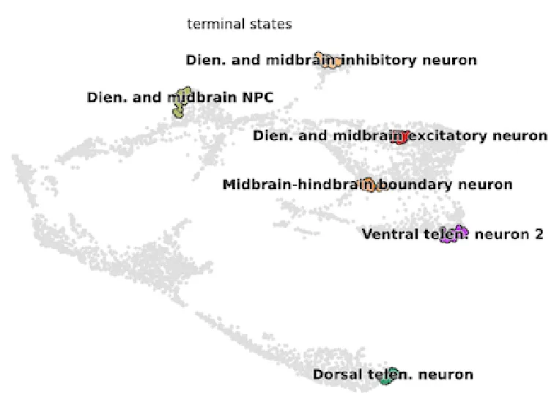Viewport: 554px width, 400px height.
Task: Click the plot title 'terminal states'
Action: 239,24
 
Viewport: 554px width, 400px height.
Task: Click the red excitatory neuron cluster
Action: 400,136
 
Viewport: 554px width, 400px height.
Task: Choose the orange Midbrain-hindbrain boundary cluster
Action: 371,185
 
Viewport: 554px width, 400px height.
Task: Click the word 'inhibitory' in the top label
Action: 380,60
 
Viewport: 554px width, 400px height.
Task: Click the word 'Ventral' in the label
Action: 388,234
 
